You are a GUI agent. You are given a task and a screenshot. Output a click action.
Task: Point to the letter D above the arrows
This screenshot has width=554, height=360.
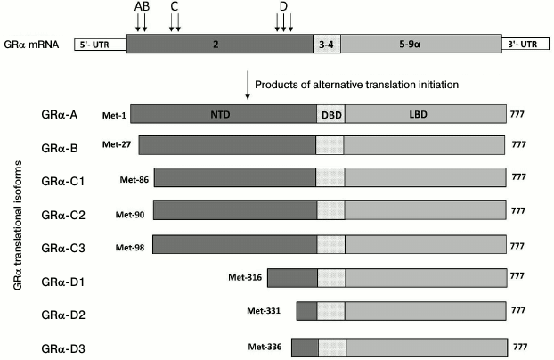[283, 8]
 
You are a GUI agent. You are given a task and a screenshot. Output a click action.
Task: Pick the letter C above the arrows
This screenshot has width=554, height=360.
[175, 8]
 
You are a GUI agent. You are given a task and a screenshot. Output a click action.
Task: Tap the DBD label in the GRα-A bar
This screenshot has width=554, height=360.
[330, 115]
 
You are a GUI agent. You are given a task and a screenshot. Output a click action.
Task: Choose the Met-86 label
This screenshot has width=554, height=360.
[134, 179]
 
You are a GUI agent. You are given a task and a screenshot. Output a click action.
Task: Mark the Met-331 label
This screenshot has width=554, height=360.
[263, 309]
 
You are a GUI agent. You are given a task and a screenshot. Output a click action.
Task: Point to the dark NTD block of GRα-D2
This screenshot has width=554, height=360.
[306, 312]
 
